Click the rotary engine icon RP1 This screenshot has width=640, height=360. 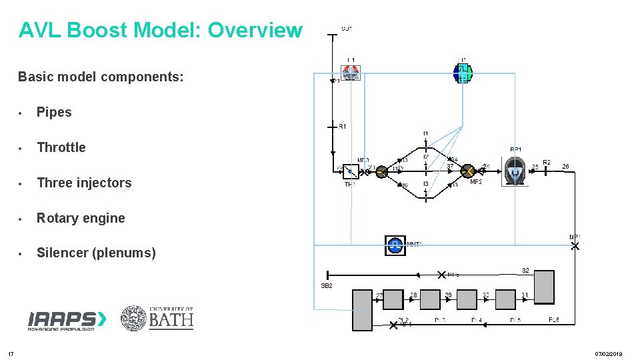(x=514, y=171)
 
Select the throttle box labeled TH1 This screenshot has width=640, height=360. (x=351, y=171)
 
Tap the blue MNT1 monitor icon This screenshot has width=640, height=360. (x=395, y=245)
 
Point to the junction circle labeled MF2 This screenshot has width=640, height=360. (x=468, y=171)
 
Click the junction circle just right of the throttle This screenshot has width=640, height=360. (x=381, y=171)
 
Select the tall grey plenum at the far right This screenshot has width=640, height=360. (x=543, y=287)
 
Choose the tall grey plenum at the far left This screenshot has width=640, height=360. (x=362, y=309)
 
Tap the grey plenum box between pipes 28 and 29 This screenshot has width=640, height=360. (x=430, y=299)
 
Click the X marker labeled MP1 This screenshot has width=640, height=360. (x=575, y=247)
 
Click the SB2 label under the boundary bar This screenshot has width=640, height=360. (x=327, y=285)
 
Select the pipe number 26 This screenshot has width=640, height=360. (x=565, y=166)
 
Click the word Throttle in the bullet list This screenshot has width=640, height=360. (x=61, y=147)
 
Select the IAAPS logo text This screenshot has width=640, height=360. (x=66, y=319)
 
